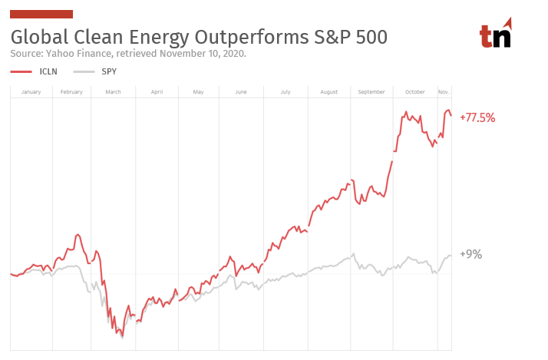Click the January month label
pyautogui.click(x=31, y=92)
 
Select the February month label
pyautogui.click(x=71, y=92)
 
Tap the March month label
pyautogui.click(x=113, y=92)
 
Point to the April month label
pyautogui.click(x=157, y=92)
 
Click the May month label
pyautogui.click(x=198, y=92)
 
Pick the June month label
pyautogui.click(x=241, y=92)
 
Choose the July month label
pyautogui.click(x=286, y=92)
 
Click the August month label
pyautogui.click(x=328, y=92)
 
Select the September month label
pyautogui.click(x=371, y=92)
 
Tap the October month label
pyautogui.click(x=414, y=92)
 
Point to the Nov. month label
pyautogui.click(x=444, y=92)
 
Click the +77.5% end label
pyautogui.click(x=477, y=118)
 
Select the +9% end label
pyautogui.click(x=470, y=255)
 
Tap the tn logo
pyautogui.click(x=495, y=33)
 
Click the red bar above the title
pyautogui.click(x=41, y=14)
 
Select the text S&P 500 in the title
pyautogui.click(x=350, y=37)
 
